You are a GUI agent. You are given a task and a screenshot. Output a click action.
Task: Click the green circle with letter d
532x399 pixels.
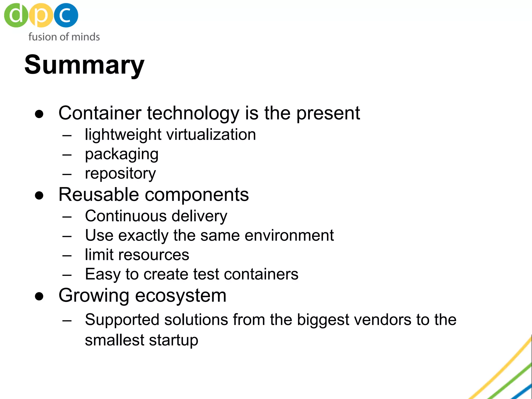point(16,15)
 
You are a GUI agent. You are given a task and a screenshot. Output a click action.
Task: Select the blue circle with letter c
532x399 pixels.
point(66,15)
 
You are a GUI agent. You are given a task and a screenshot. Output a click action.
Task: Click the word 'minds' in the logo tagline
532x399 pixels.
point(85,37)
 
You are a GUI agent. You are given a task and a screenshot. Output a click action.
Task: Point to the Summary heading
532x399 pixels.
point(84,65)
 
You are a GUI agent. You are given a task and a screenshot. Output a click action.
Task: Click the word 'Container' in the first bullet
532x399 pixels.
point(100,113)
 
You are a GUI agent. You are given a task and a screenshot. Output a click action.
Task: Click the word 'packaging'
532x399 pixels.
point(122,155)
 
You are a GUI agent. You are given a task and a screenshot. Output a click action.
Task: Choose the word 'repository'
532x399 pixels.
point(120,174)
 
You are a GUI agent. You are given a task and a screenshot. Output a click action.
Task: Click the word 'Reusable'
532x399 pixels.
point(99,195)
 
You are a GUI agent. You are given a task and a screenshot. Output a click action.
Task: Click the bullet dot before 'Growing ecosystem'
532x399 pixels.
point(39,296)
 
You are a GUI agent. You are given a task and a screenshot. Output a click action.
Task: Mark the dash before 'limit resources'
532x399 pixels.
point(67,255)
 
